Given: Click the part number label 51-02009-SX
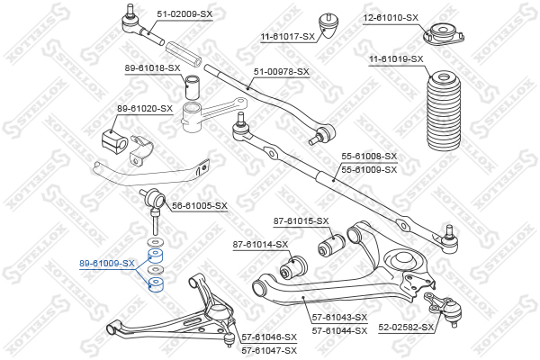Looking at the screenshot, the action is click(x=184, y=14).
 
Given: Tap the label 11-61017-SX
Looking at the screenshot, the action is click(x=288, y=37).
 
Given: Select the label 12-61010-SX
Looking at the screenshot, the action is click(x=391, y=18).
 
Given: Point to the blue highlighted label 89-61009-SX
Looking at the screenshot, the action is click(x=107, y=264).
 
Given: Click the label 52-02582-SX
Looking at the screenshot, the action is click(x=406, y=327).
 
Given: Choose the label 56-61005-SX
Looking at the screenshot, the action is click(x=200, y=206).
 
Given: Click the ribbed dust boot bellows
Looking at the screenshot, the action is click(x=444, y=111).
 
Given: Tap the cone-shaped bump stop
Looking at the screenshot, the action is click(x=328, y=27).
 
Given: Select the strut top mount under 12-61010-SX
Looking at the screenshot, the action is click(x=444, y=34).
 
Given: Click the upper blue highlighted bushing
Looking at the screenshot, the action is click(x=156, y=255).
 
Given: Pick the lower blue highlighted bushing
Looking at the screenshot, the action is click(x=156, y=284).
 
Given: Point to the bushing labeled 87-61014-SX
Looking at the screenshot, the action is click(x=293, y=267).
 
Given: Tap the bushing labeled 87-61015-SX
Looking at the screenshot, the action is click(x=331, y=245).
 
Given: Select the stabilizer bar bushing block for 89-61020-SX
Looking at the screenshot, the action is click(x=114, y=139).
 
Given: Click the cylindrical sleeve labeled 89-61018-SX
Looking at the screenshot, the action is click(x=193, y=86).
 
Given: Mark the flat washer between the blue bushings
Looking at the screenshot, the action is click(x=156, y=269).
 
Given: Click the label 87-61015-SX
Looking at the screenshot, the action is click(x=301, y=221).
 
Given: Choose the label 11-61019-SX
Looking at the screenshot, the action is click(x=396, y=59).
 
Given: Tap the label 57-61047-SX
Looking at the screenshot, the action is click(x=269, y=351).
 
